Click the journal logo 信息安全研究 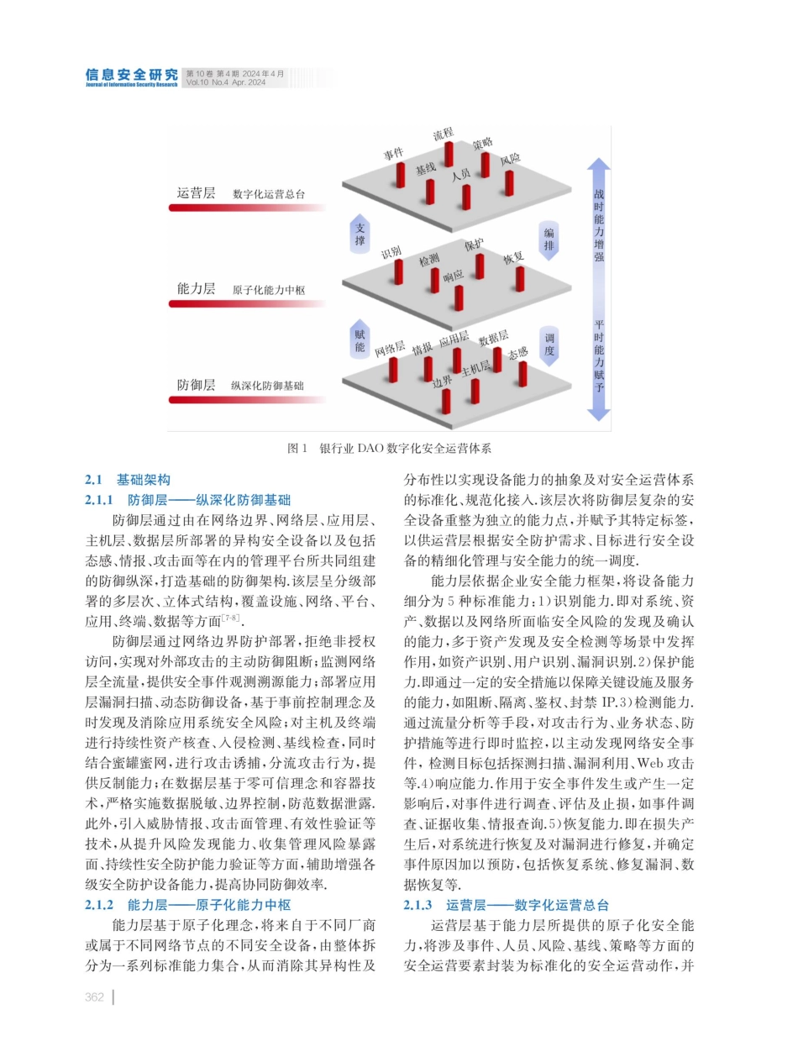pyautogui.click(x=131, y=76)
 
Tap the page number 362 pyautogui.click(x=94, y=997)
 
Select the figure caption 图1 pyautogui.click(x=297, y=449)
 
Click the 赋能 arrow pyautogui.click(x=360, y=339)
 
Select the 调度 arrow pyautogui.click(x=549, y=344)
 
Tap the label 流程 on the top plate pyautogui.click(x=443, y=133)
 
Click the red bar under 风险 pyautogui.click(x=509, y=181)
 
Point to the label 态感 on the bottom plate pyautogui.click(x=518, y=353)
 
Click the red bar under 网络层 pyautogui.click(x=392, y=371)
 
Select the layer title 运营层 pyautogui.click(x=196, y=192)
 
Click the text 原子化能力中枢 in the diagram pyautogui.click(x=267, y=291)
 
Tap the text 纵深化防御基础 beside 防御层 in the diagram pyautogui.click(x=267, y=386)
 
